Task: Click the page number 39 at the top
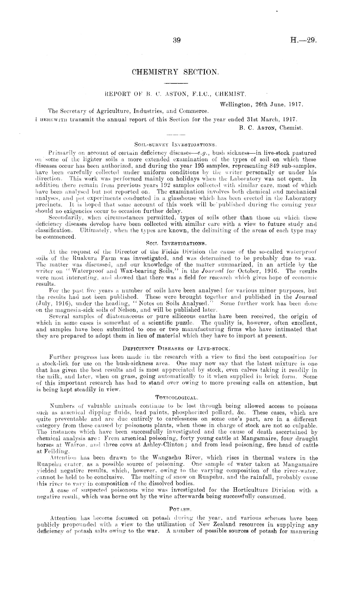tap(176, 40)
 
